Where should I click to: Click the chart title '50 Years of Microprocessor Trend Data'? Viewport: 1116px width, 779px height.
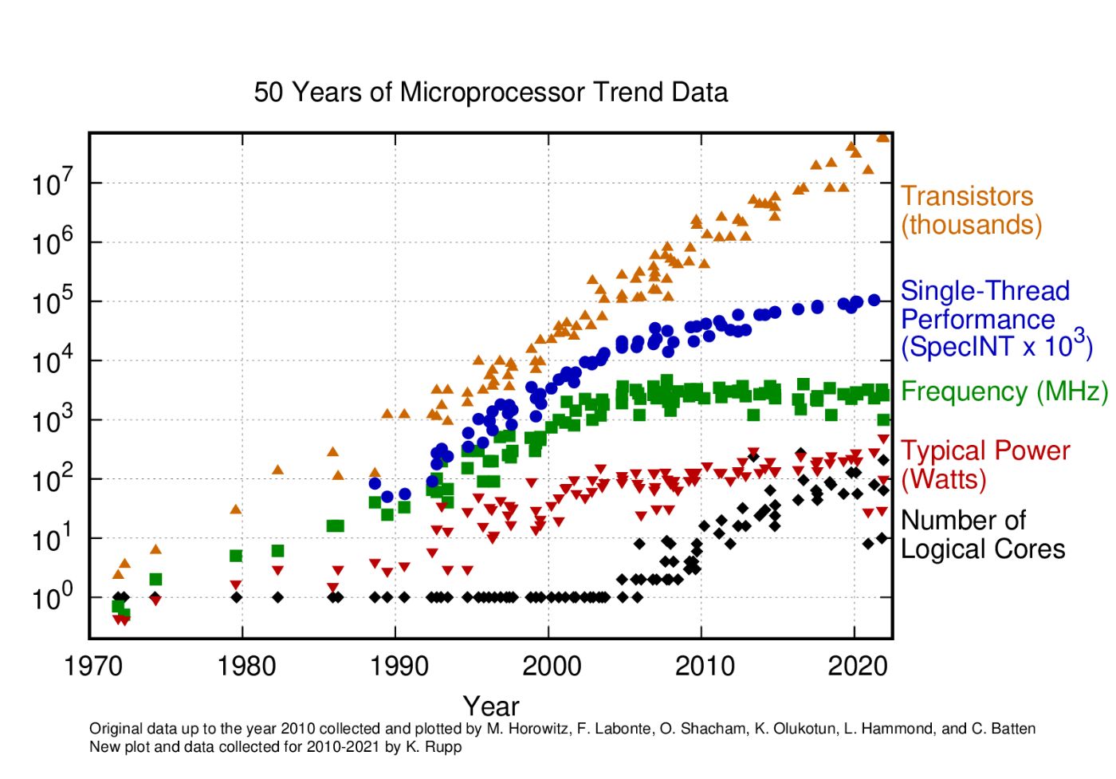coord(490,92)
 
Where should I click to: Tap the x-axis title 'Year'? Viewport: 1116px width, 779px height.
coord(490,706)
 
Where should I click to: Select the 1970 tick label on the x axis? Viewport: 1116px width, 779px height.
coord(94,665)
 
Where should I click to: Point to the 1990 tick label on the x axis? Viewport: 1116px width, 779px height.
coord(400,665)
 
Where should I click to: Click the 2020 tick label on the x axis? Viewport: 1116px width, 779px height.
coord(858,665)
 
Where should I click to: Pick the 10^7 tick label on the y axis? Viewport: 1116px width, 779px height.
coord(53,183)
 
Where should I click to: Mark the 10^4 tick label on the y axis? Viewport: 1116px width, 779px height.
coord(53,360)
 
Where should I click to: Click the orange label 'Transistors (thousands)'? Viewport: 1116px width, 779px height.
coord(970,210)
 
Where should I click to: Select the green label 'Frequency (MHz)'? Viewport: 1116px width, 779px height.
coord(1004,391)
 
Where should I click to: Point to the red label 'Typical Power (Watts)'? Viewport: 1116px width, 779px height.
coord(984,465)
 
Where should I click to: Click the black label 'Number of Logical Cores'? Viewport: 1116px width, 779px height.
coord(981,535)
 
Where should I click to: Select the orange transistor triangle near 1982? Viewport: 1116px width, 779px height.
coord(277,470)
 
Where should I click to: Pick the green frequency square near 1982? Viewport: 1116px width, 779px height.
coord(277,551)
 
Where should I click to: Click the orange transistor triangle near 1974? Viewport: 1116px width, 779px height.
coord(155,549)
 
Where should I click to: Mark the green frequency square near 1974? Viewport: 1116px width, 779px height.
coord(155,580)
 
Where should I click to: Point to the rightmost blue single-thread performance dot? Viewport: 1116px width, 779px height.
coord(874,300)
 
